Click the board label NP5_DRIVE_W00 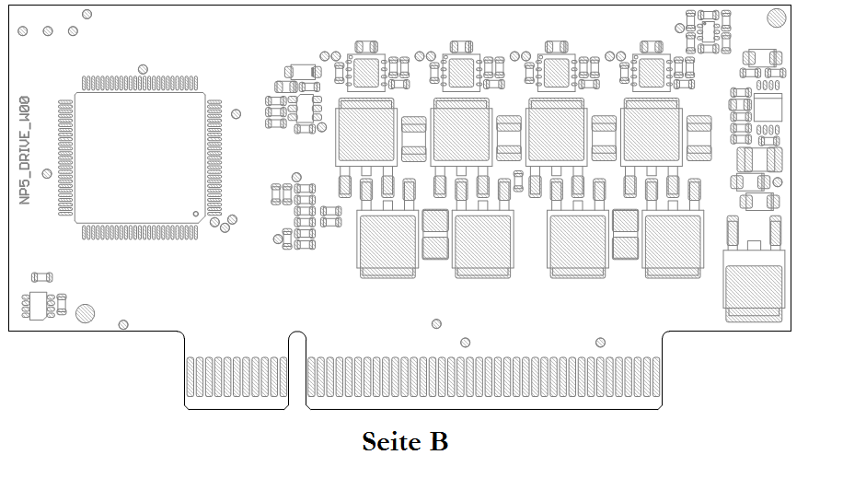[x=25, y=149]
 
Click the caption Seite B [x=405, y=441]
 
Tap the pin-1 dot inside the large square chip [x=195, y=214]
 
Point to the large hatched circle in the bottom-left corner [x=86, y=313]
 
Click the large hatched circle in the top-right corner [x=779, y=17]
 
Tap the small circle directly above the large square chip [x=142, y=68]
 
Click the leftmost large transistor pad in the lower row [x=387, y=243]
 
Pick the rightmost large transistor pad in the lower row [x=673, y=243]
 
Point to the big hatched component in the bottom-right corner [x=754, y=289]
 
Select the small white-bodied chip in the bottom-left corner [x=38, y=305]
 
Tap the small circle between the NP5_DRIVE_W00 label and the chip [x=47, y=173]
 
